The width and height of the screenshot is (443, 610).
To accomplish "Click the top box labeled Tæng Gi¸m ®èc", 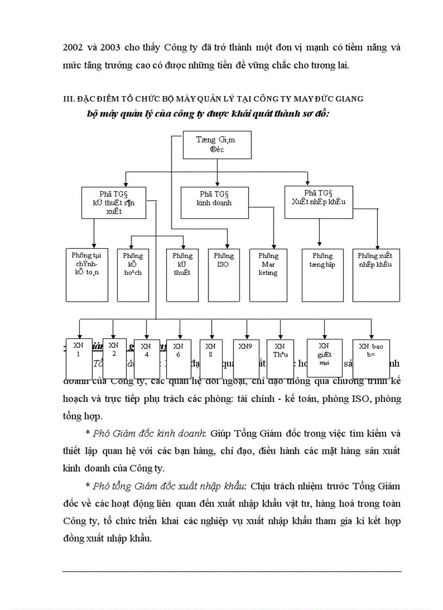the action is [x=217, y=145].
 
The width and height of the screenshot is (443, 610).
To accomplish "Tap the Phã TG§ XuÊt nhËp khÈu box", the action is [x=318, y=202].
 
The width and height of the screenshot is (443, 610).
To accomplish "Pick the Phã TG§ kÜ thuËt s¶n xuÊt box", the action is [x=114, y=203].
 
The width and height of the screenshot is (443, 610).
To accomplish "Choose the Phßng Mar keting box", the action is [x=268, y=275].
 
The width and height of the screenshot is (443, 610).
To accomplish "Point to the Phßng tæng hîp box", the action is [x=322, y=275].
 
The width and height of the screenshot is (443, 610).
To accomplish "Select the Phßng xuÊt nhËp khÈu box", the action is [x=375, y=275].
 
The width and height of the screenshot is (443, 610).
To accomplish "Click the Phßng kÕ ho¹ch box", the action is [x=132, y=275].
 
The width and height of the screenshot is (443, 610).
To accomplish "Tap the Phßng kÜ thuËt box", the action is [x=182, y=275].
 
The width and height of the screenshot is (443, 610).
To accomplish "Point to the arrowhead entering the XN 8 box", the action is [x=211, y=337].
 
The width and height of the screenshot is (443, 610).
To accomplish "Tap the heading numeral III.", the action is [x=68, y=98].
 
